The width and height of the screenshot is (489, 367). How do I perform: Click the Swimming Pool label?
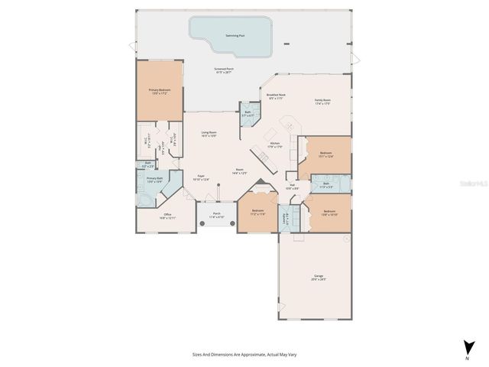(x=235, y=35)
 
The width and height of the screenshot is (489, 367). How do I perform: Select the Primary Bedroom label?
(x=159, y=92)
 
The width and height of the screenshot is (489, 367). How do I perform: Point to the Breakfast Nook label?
(x=275, y=97)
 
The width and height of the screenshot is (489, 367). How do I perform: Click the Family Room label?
(x=322, y=102)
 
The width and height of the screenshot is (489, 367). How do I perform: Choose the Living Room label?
(x=209, y=135)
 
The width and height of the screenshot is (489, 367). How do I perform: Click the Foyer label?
(x=202, y=177)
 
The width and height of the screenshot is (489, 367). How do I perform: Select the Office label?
(x=168, y=216)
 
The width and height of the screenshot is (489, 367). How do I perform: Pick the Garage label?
(x=319, y=277)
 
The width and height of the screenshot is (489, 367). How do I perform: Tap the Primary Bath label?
(x=155, y=180)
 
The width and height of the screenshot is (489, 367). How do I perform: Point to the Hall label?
(x=293, y=187)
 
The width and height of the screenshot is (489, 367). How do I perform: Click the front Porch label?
(x=217, y=216)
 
